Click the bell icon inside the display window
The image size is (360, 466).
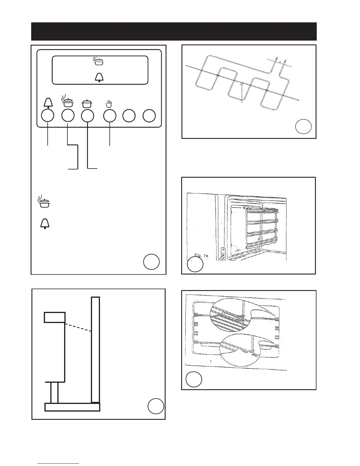pyautogui.click(x=99, y=77)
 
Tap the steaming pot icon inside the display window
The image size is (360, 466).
pyautogui.click(x=99, y=61)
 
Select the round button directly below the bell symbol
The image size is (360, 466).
pyautogui.click(x=48, y=115)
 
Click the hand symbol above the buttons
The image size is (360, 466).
pyautogui.click(x=109, y=104)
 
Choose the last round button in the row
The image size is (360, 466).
pyautogui.click(x=149, y=116)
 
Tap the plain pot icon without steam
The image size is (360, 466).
pyautogui.click(x=87, y=104)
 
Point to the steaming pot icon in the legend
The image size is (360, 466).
pyautogui.click(x=44, y=201)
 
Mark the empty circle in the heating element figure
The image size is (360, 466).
pyautogui.click(x=303, y=126)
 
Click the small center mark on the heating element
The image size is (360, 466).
pyautogui.click(x=241, y=85)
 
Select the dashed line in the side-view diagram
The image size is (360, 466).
pyautogui.click(x=78, y=327)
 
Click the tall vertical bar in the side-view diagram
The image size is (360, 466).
pyautogui.click(x=95, y=349)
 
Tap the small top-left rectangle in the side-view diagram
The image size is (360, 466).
pyautogui.click(x=54, y=317)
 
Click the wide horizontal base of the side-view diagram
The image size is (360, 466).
pyautogui.click(x=72, y=407)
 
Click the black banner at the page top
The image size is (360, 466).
pyautogui.click(x=174, y=31)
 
